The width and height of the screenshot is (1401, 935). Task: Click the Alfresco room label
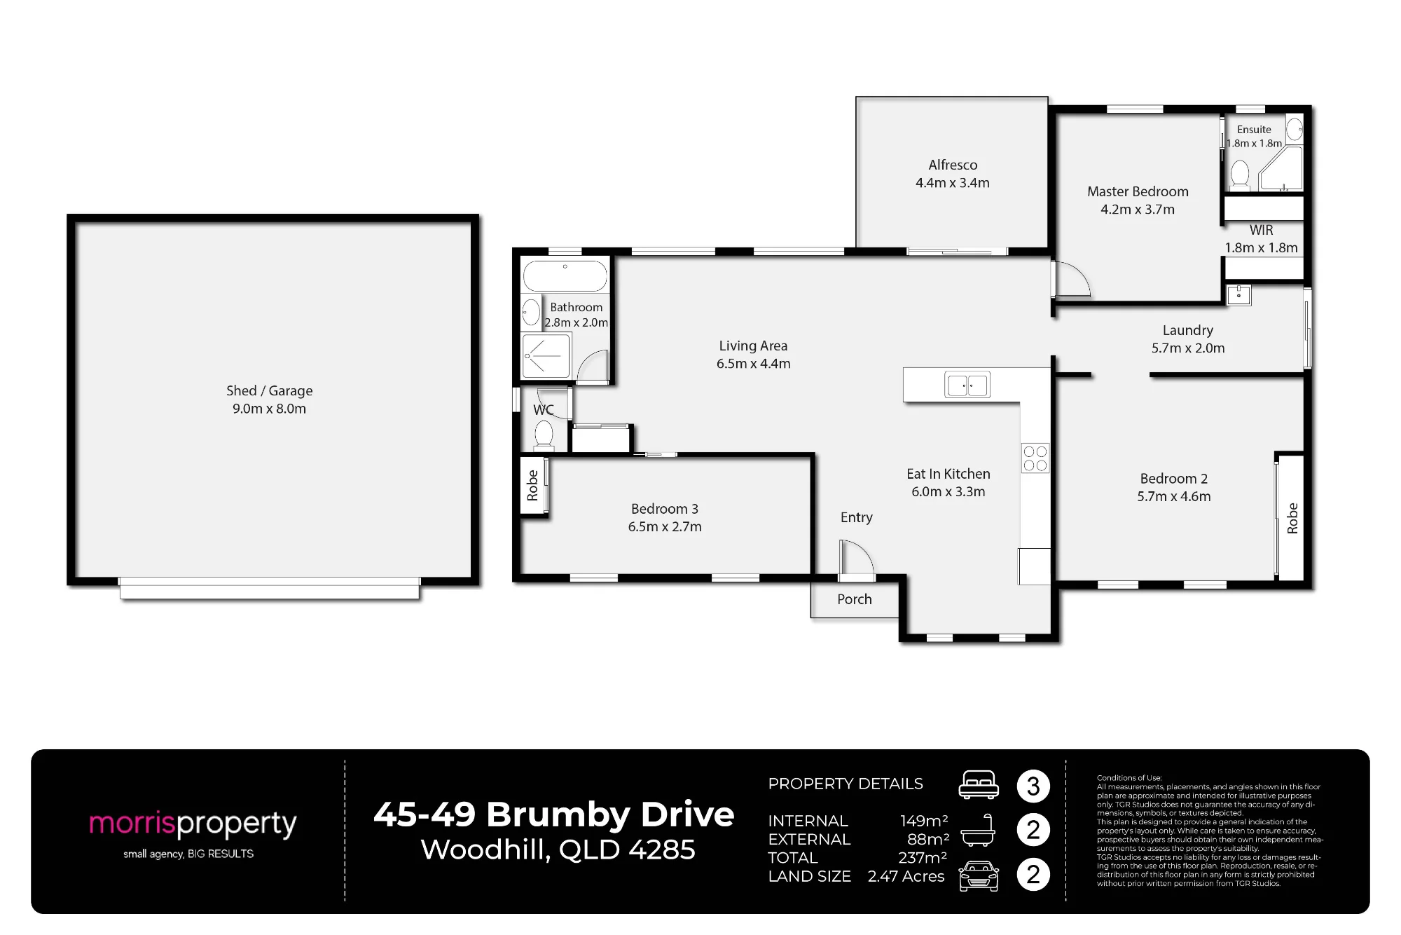click(953, 165)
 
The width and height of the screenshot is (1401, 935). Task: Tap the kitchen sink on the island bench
click(967, 385)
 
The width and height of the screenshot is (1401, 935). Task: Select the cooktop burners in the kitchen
click(1035, 458)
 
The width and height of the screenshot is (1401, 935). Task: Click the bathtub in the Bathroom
click(565, 276)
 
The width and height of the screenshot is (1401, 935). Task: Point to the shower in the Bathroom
click(546, 356)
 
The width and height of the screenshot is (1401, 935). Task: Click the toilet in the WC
click(544, 435)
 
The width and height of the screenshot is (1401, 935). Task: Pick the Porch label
click(855, 599)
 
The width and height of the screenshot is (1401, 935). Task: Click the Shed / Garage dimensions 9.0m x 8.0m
click(270, 409)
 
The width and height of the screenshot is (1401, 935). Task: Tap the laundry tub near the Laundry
click(1238, 294)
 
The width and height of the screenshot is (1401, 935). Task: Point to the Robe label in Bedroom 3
click(532, 485)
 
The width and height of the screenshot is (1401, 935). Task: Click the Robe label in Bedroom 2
click(1292, 519)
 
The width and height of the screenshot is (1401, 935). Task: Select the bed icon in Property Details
click(979, 784)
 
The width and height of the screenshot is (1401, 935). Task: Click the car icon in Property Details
click(979, 876)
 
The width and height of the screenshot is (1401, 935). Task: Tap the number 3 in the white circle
click(1033, 786)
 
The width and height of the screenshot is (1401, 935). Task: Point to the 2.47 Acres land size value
click(906, 876)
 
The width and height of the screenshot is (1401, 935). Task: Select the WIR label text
click(1261, 230)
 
